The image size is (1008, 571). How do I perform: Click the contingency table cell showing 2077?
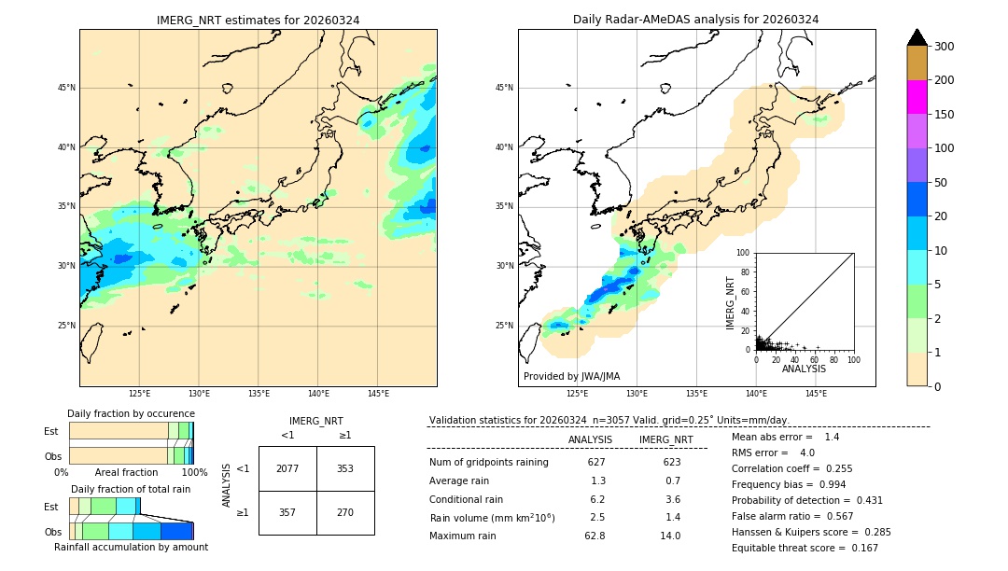coord(287,468)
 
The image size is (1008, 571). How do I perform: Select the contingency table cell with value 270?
coord(345,512)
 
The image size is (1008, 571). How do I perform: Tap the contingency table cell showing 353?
coord(345,468)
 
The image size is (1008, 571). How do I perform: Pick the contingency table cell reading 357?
coord(287,512)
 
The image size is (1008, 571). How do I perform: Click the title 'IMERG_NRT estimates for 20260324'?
coord(258,20)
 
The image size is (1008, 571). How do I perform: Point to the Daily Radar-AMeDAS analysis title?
coord(696,20)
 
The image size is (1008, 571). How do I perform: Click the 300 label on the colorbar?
coord(945,47)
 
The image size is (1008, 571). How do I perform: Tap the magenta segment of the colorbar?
coord(917,97)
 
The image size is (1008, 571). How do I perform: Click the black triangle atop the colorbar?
coord(917,37)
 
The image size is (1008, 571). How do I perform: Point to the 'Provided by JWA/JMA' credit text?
coord(571,376)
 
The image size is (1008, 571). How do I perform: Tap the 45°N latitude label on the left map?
coord(66,88)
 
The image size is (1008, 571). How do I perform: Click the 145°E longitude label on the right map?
coord(816,394)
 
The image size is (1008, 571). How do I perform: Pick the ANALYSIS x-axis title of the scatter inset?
coord(804,369)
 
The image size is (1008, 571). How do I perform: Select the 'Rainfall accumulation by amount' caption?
coord(131,547)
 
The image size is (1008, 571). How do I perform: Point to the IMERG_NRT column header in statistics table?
coord(665,439)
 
